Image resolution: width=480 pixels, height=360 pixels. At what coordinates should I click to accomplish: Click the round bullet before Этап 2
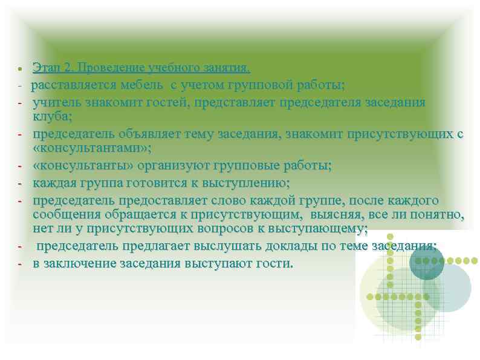(21, 67)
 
